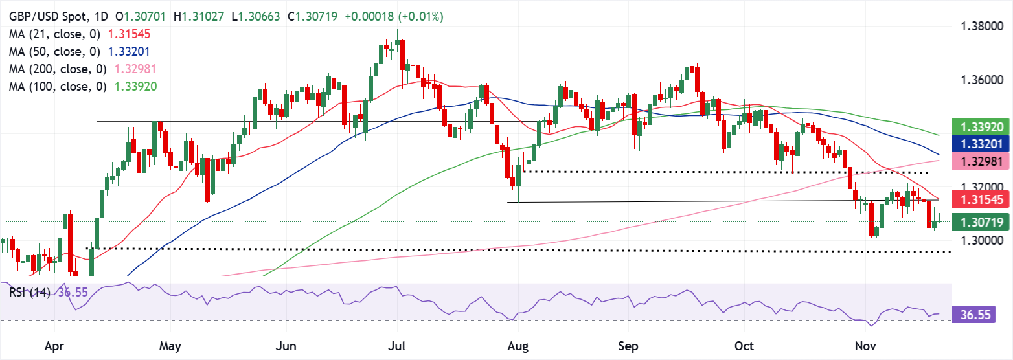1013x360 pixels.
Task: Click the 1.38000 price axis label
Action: [982, 27]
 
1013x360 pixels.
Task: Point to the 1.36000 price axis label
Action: [982, 80]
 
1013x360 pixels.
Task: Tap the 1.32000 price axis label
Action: [982, 187]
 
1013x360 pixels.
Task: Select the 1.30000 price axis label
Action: [982, 240]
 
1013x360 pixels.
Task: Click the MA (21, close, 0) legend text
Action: [55, 34]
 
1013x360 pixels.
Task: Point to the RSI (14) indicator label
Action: [30, 293]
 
